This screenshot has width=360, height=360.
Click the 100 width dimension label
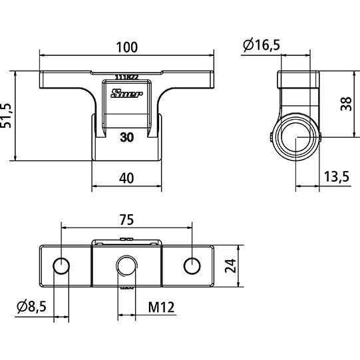[126, 47]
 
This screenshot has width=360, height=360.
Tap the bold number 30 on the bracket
[126, 138]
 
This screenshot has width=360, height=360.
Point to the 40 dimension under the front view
[126, 178]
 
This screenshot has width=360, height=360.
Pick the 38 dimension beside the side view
[345, 104]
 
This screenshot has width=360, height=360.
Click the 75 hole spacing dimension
[126, 220]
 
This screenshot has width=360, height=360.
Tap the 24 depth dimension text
[230, 266]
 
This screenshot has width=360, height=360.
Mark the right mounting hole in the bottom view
[192, 266]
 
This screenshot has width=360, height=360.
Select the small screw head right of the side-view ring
[321, 138]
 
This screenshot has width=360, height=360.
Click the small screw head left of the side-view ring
[273, 138]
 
